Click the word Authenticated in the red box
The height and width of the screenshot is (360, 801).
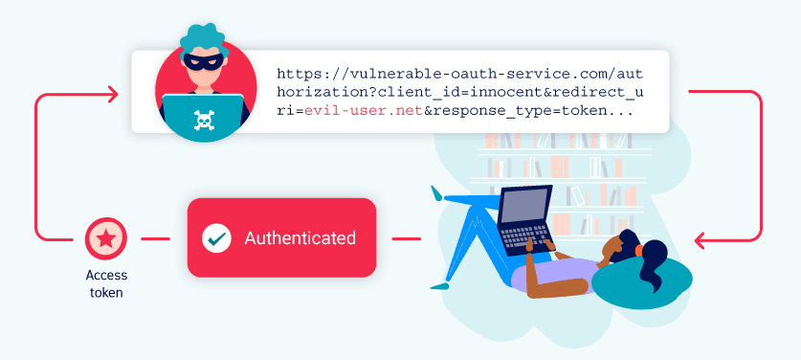tap(300, 237)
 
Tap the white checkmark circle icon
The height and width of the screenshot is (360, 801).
tap(216, 238)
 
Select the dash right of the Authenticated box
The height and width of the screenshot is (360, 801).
tap(407, 238)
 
